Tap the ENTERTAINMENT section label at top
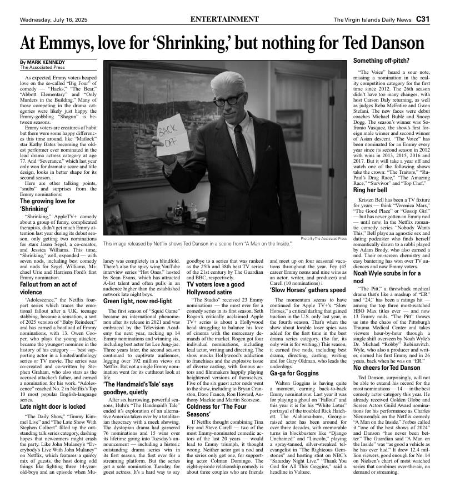224,19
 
